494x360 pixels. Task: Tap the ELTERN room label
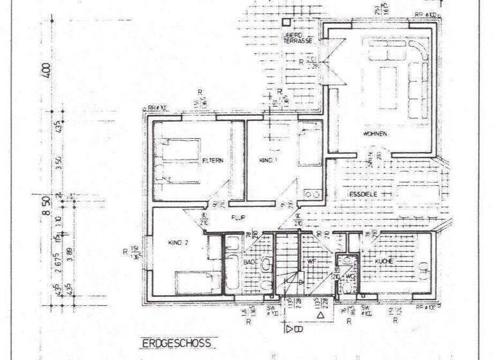click(x=212, y=160)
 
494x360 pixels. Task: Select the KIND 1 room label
click(x=267, y=159)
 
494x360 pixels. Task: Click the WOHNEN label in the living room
click(x=374, y=134)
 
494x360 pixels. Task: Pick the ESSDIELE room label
click(x=361, y=194)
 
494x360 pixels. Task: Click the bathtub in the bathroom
click(x=232, y=265)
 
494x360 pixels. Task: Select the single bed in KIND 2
click(x=199, y=282)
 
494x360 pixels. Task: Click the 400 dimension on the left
click(x=46, y=69)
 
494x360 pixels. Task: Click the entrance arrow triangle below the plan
click(x=320, y=316)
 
